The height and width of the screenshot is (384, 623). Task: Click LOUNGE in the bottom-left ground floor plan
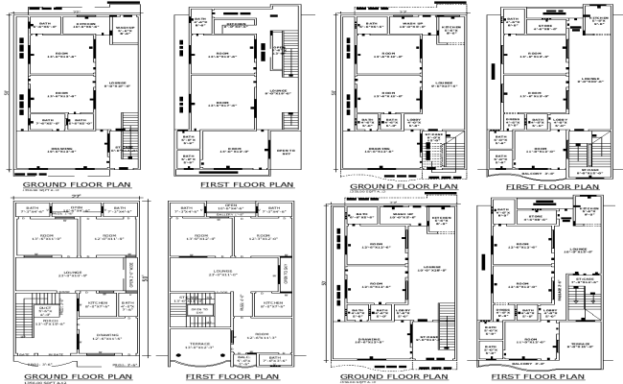click(75, 275)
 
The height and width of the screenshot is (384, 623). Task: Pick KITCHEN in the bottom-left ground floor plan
click(100, 304)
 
